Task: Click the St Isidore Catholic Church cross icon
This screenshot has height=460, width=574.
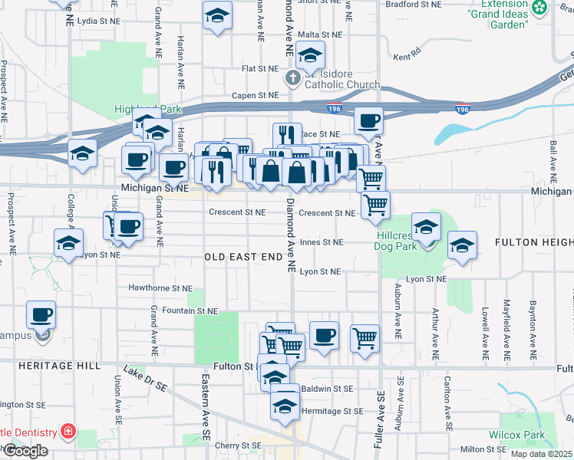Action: [x=292, y=77]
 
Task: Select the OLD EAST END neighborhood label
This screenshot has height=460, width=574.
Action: [x=243, y=256]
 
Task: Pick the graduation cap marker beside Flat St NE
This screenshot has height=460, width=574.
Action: [x=310, y=55]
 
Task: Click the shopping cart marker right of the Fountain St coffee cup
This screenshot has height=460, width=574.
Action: [x=365, y=337]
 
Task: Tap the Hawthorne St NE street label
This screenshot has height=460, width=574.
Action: [x=161, y=288]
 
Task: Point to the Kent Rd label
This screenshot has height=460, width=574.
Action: [x=407, y=56]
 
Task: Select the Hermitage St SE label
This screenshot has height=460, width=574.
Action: [x=332, y=411]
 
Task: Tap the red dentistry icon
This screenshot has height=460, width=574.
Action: [x=68, y=432]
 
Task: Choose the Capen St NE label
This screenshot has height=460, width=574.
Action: [x=256, y=96]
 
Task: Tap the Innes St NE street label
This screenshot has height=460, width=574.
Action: [x=321, y=242]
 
